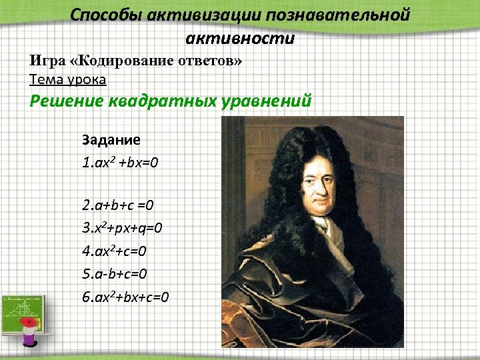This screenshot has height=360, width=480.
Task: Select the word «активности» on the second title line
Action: click(x=240, y=37)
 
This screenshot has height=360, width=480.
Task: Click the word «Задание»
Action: click(x=111, y=140)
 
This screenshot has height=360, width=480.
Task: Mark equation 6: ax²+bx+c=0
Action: click(x=126, y=295)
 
